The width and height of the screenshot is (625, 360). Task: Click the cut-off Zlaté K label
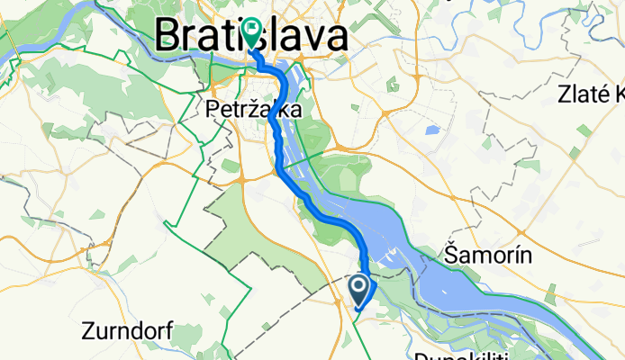591,94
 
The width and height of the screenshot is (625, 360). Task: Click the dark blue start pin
358,288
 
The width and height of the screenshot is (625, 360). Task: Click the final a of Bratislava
335,37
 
